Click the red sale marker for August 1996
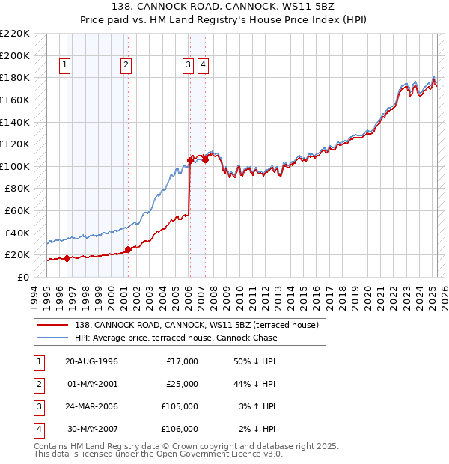coord(67,258)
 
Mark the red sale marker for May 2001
coord(128,249)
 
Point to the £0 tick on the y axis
coord(23,277)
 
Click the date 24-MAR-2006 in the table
coord(91,406)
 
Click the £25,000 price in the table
coord(182,384)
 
